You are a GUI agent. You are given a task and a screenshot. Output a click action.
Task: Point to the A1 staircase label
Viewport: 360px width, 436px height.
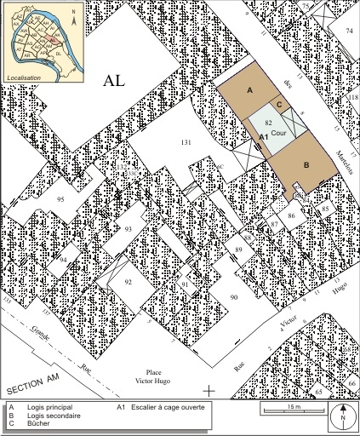point(264,136)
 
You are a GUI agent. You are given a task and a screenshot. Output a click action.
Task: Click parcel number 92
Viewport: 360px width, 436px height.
point(129,280)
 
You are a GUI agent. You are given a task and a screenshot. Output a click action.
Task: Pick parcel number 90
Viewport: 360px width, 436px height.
point(232,295)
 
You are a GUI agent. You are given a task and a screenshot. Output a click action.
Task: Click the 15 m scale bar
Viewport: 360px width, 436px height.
point(293,412)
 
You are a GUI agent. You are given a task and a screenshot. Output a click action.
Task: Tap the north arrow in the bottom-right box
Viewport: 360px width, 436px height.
point(342,416)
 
